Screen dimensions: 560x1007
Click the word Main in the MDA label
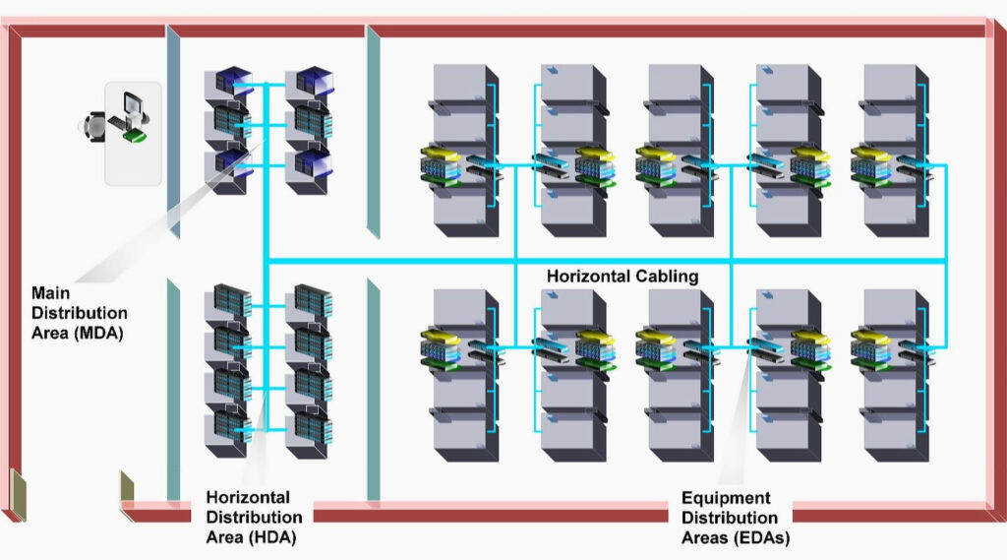point(51,293)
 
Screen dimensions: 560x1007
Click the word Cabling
point(670,277)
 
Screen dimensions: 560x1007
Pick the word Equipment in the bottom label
point(726,498)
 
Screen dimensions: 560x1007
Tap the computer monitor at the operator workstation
point(132,105)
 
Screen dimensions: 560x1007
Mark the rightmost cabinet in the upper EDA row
point(893,148)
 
